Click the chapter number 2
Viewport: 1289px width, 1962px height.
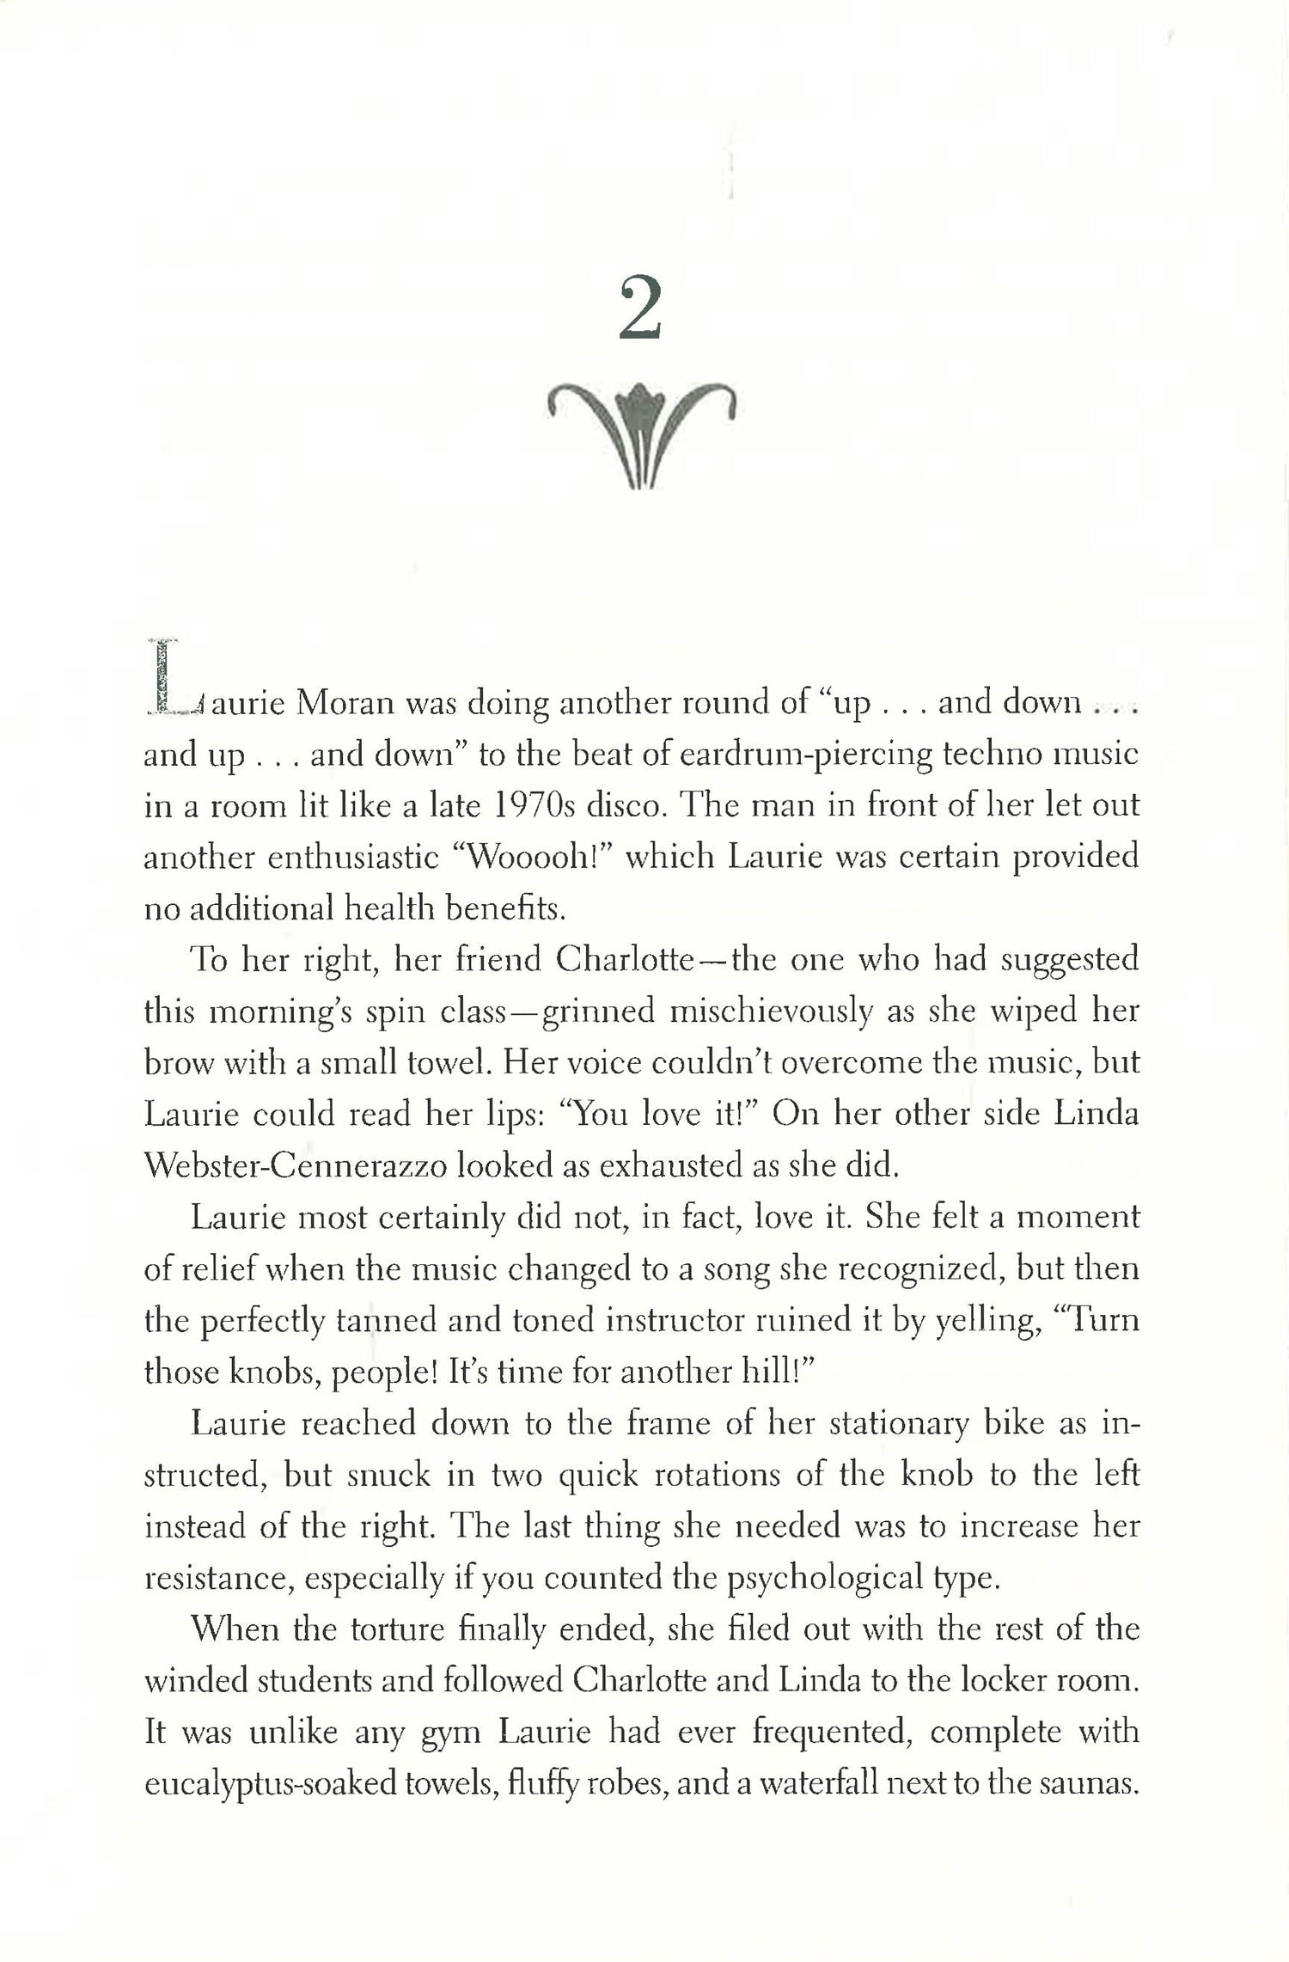click(x=640, y=311)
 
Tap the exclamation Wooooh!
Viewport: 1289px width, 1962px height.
click(x=535, y=859)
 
